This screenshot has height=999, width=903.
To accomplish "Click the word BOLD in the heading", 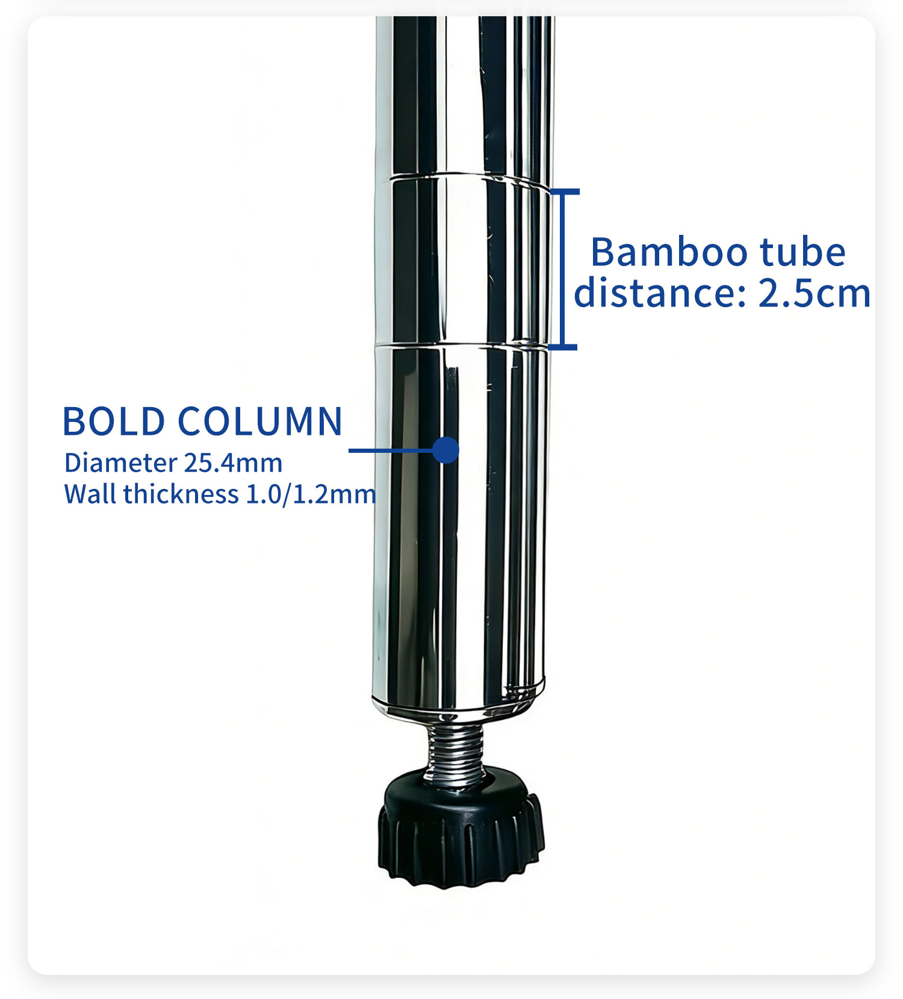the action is [x=114, y=421].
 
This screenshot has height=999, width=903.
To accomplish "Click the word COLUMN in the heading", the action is [x=260, y=421].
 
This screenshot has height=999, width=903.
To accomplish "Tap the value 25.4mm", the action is [x=233, y=463].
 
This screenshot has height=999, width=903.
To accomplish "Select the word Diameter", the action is [x=120, y=463].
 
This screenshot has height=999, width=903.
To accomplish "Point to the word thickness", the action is [x=181, y=494].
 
